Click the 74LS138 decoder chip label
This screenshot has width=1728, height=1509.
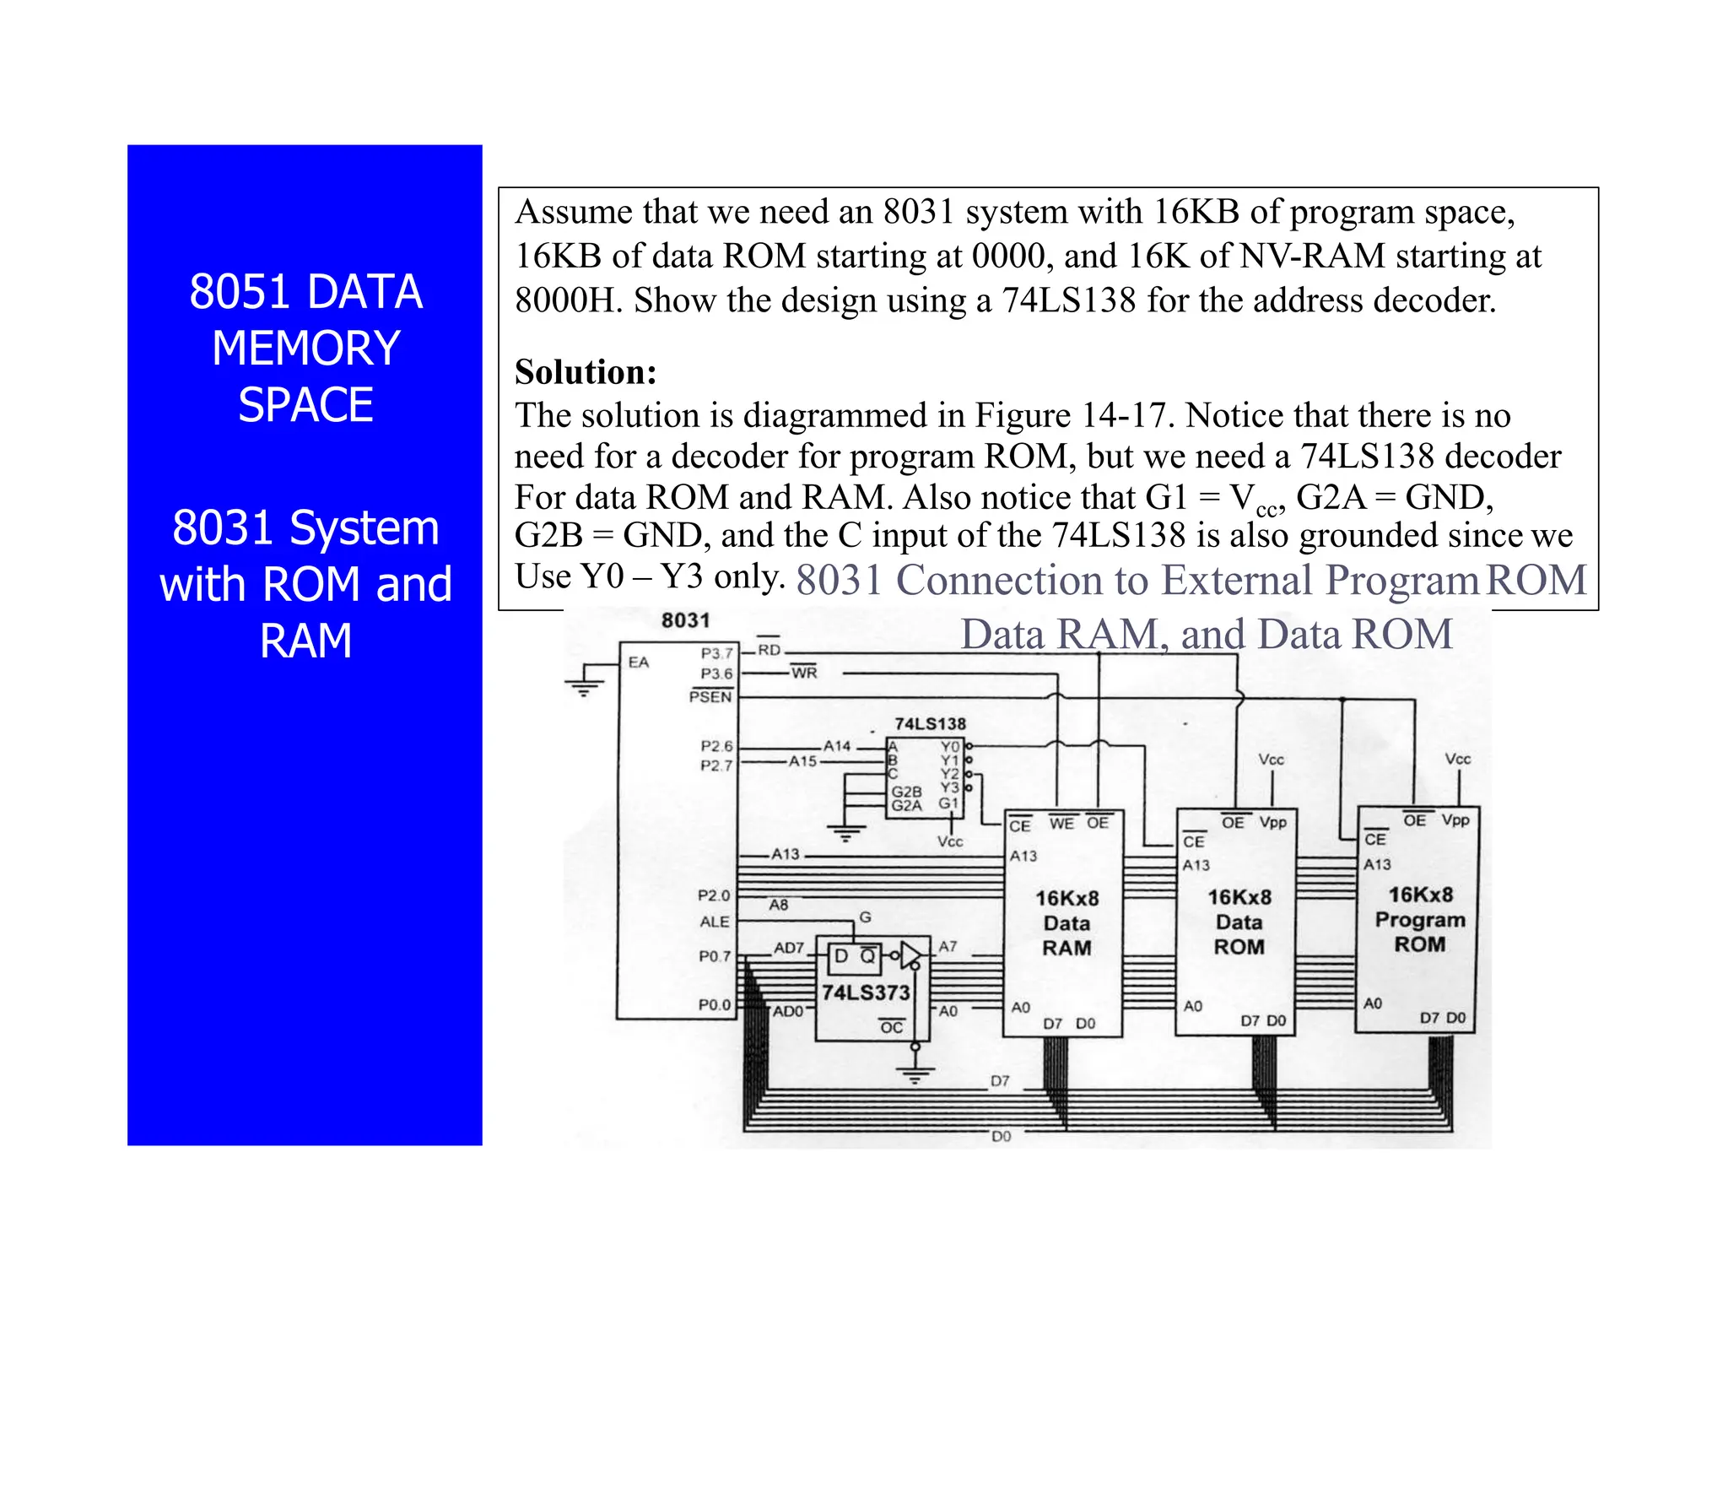click(x=930, y=723)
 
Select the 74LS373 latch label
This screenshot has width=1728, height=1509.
click(x=866, y=992)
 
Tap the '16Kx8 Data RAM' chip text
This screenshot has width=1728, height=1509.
click(x=1066, y=922)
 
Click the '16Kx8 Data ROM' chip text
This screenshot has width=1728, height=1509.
click(x=1239, y=922)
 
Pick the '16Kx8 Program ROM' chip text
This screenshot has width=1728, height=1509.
click(x=1420, y=919)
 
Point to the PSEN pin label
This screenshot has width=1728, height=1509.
click(x=710, y=696)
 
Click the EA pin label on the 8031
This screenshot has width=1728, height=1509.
click(x=639, y=663)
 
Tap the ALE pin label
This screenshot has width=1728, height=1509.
click(x=714, y=922)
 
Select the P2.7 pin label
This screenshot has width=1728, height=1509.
click(x=716, y=765)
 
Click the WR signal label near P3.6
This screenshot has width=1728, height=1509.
click(x=804, y=673)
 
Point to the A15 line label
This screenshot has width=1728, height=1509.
click(x=802, y=761)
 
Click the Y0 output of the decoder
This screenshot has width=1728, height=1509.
click(x=950, y=747)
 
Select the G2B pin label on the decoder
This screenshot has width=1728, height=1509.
click(x=906, y=792)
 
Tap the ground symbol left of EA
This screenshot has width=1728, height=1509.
click(x=584, y=688)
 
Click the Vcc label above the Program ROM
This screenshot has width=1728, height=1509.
click(x=1457, y=759)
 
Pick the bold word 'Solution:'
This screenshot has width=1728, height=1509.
click(x=586, y=372)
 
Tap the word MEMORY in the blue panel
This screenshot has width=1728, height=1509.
click(x=305, y=348)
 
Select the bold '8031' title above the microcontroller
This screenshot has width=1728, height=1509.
click(x=685, y=620)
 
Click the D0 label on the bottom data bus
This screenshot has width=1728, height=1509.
click(x=1001, y=1136)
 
